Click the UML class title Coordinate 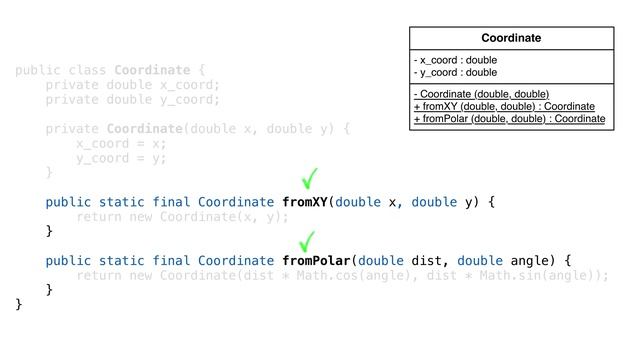[511, 38]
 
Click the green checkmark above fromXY [310, 180]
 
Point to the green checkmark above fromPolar [309, 241]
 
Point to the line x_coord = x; [121, 143]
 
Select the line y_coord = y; [121, 157]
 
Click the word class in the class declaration [87, 70]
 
